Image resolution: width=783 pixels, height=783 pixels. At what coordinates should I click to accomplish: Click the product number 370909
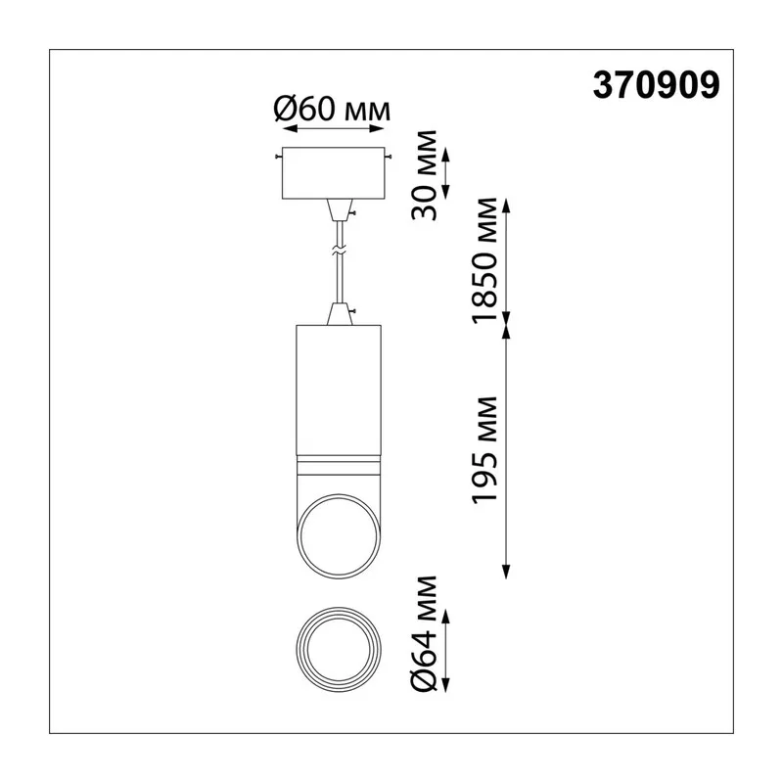[x=656, y=85]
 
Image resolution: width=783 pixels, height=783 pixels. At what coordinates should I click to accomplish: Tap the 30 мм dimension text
[x=425, y=175]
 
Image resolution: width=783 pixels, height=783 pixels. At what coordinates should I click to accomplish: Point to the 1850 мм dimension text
[x=484, y=260]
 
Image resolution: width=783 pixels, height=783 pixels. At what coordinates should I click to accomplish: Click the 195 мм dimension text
[x=484, y=450]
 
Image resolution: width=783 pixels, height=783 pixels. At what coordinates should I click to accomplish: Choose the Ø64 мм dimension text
[x=425, y=633]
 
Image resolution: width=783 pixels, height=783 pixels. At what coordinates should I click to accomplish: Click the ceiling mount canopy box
[x=333, y=173]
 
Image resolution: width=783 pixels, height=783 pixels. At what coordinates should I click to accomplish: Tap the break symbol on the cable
[x=340, y=252]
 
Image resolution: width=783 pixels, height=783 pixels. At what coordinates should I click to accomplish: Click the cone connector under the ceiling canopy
[x=340, y=209]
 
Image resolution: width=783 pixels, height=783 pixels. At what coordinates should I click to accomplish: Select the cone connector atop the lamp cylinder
[x=340, y=314]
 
